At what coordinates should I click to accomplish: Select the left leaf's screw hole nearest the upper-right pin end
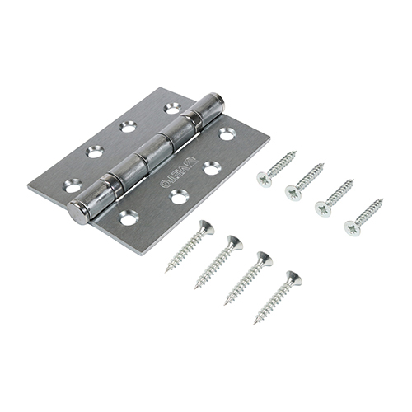click(x=172, y=108)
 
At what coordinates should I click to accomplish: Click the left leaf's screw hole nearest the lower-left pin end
click(x=73, y=187)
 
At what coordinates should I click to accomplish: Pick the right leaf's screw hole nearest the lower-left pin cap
click(x=128, y=218)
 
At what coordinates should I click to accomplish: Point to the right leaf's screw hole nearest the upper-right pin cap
click(x=227, y=133)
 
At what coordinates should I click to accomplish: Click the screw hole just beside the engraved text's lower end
click(x=178, y=195)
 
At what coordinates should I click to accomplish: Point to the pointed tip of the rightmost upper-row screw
click(x=383, y=199)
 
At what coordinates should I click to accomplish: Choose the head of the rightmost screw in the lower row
click(x=293, y=279)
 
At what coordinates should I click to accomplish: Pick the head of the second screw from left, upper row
click(x=292, y=191)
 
